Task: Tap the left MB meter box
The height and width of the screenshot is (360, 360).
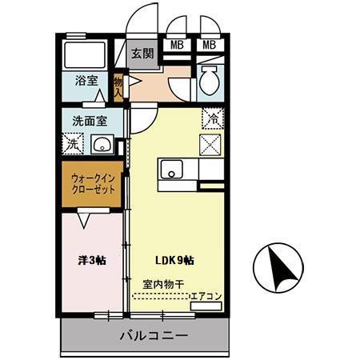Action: tap(177, 44)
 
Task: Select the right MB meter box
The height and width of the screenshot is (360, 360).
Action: tap(210, 44)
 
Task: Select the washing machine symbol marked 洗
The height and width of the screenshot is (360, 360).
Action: tap(72, 145)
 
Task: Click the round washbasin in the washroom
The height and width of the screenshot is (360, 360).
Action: tap(102, 145)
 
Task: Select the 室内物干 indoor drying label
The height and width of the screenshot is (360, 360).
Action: tap(163, 284)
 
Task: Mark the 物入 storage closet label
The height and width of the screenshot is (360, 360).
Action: tap(118, 85)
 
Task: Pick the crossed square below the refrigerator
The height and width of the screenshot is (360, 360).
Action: tap(211, 146)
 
